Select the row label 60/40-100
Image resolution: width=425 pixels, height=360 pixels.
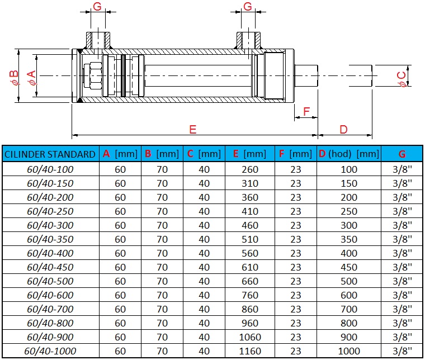[50, 169]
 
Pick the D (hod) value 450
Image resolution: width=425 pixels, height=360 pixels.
[349, 267]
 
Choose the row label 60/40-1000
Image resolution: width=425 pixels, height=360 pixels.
[50, 351]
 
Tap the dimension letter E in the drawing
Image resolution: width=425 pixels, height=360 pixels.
[192, 129]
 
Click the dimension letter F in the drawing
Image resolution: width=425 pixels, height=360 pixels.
[305, 111]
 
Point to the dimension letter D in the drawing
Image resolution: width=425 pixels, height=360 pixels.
[343, 129]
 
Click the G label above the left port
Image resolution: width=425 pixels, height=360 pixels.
[97, 7]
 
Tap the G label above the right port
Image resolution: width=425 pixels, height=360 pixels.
[248, 7]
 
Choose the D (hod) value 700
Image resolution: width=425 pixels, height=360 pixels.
[349, 309]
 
